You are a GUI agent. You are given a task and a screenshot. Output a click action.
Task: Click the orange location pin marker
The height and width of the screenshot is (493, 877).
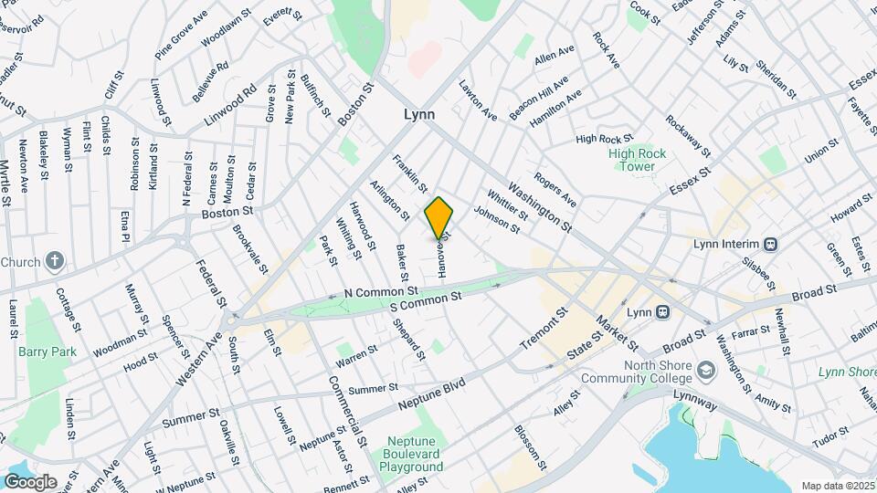439,217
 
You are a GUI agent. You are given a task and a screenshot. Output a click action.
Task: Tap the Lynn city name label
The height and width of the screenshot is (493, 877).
419,115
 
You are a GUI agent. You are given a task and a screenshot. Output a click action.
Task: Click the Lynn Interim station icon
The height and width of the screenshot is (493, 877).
771,245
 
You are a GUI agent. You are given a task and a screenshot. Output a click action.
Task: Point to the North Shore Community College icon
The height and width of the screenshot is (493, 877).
706,371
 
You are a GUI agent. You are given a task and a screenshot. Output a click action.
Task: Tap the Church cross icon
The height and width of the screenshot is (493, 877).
54,261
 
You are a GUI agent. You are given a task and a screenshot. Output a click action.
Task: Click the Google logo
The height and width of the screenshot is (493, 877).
30,481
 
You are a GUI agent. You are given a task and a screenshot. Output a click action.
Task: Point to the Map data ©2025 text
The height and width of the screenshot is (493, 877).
838,486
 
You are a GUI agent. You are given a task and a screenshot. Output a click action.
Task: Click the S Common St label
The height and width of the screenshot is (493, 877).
426,301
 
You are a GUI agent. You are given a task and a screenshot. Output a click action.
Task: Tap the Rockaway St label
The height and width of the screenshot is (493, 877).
688,131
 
